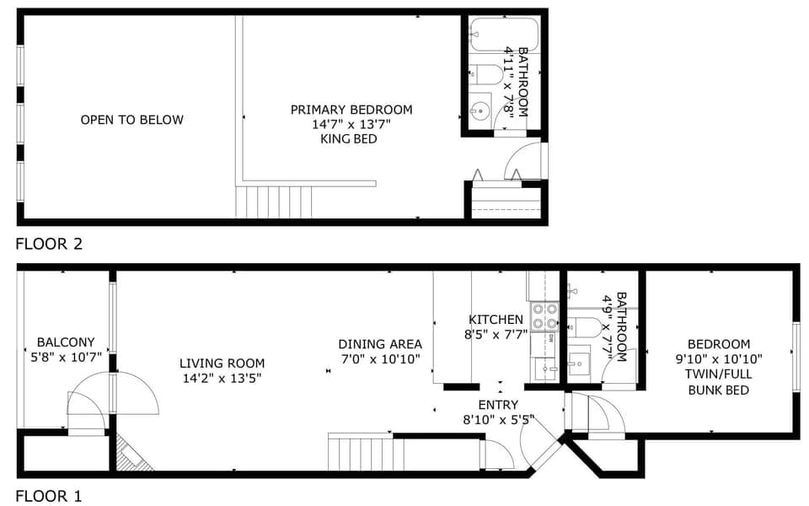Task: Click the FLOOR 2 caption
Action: point(49,244)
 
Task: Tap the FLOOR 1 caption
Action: point(49,496)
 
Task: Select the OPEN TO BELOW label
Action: point(132,120)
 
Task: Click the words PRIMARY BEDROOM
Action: point(351,110)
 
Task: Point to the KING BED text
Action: point(349,139)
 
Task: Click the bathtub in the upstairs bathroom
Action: point(504,35)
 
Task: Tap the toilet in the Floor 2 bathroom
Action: point(485,74)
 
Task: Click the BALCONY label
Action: point(66,342)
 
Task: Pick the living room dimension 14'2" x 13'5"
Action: point(222,379)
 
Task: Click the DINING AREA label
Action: point(380,344)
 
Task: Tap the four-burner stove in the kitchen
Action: point(545,316)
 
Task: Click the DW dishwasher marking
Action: point(550,339)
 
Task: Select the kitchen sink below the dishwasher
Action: point(545,369)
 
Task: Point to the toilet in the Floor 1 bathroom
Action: point(584,327)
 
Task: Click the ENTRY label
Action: point(498,405)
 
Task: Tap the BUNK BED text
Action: point(719,390)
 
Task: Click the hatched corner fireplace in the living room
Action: point(132,453)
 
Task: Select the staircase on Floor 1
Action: point(362,452)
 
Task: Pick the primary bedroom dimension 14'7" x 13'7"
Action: point(351,125)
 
